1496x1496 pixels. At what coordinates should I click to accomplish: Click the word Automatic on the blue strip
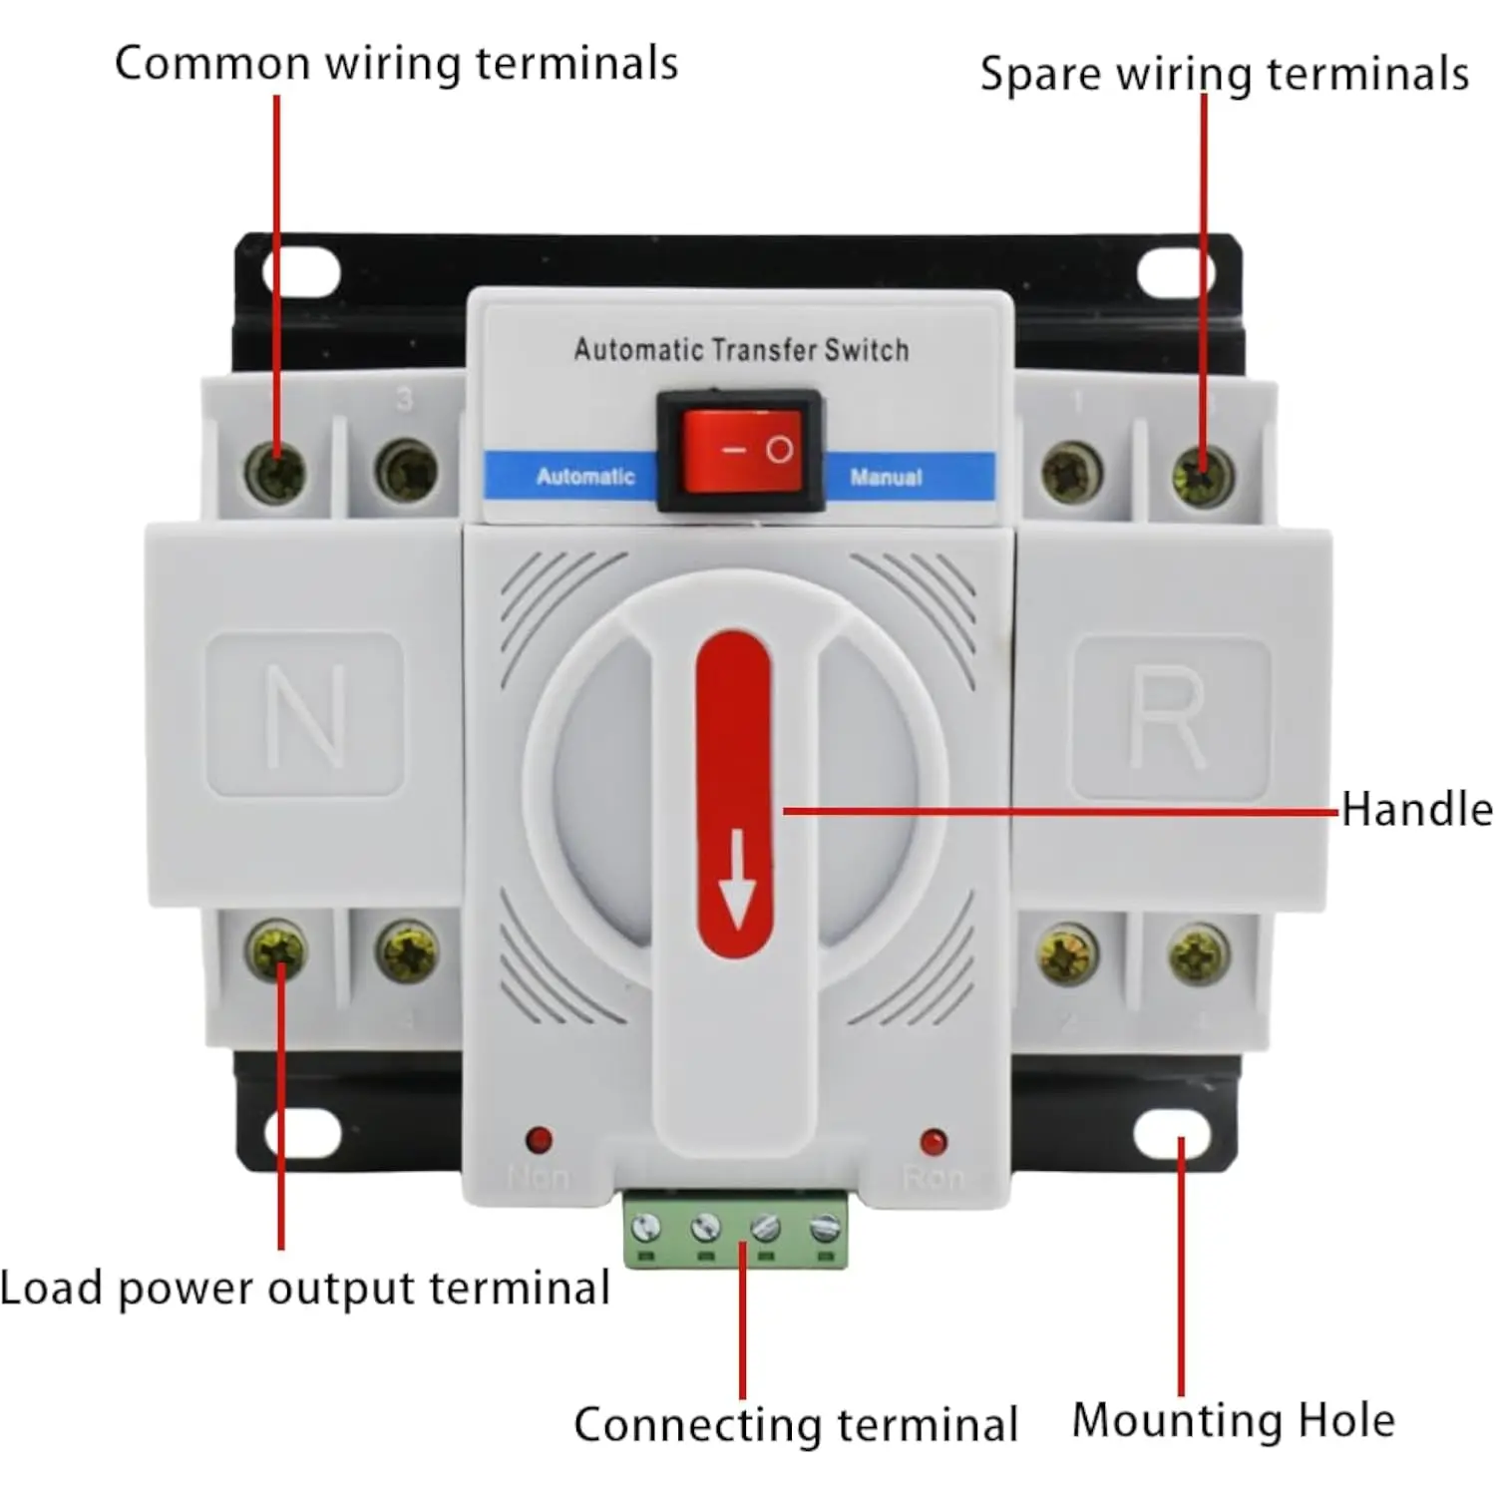[585, 477]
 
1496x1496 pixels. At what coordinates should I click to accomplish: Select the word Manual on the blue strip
[886, 478]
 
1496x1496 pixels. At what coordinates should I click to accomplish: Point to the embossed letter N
[305, 715]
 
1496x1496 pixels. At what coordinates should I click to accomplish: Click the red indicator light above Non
[539, 1139]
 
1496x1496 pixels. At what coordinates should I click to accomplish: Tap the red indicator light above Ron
[934, 1141]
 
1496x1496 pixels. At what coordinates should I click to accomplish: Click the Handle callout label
[1416, 809]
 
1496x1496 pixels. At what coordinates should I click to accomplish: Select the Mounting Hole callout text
[1233, 1419]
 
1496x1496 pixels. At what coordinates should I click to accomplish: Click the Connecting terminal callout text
[795, 1424]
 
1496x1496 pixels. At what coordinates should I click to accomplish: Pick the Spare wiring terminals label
[1224, 74]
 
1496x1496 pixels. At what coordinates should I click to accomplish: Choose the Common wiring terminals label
[396, 63]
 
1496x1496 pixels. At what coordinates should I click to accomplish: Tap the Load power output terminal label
[304, 1288]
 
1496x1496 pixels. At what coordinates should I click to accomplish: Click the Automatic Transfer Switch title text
[741, 350]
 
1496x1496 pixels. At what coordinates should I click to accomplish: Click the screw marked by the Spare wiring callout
[1202, 474]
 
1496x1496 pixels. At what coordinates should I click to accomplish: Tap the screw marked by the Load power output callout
[276, 950]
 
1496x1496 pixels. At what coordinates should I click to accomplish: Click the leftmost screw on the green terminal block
[646, 1226]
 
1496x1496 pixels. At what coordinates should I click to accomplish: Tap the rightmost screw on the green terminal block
[825, 1228]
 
